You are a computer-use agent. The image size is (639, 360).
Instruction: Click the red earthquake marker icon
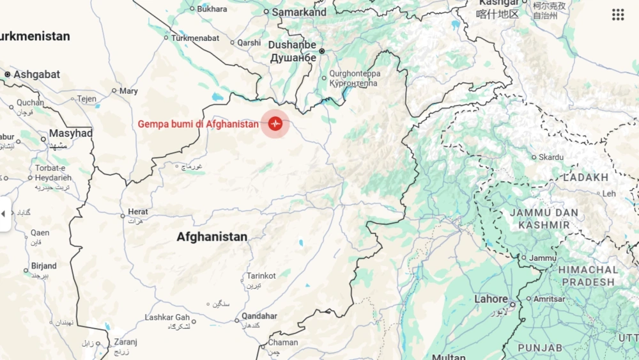tap(275, 123)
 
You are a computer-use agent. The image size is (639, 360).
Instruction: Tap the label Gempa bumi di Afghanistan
tap(198, 124)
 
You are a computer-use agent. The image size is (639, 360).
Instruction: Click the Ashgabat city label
tap(36, 75)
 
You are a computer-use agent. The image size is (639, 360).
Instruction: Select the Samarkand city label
tap(299, 12)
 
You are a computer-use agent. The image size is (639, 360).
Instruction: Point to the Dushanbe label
tap(292, 45)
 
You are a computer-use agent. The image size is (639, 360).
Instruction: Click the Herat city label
tap(138, 212)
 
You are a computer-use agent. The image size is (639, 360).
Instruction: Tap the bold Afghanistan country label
tap(212, 237)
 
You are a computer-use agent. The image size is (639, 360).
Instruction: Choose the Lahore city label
tap(491, 299)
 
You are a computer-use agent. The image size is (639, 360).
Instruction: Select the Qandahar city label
tap(259, 316)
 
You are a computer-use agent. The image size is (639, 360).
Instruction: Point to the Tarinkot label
tap(261, 276)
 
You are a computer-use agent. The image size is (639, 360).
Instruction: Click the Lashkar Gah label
tap(167, 317)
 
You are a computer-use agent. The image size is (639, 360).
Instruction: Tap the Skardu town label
tap(551, 157)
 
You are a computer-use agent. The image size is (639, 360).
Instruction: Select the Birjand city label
tap(43, 266)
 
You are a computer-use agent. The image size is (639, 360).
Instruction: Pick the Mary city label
tap(128, 91)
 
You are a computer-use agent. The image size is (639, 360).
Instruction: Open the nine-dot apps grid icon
tap(618, 15)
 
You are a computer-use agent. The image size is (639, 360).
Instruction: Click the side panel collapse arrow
tap(4, 214)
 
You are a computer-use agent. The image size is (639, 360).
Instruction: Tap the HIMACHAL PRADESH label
tap(588, 276)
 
